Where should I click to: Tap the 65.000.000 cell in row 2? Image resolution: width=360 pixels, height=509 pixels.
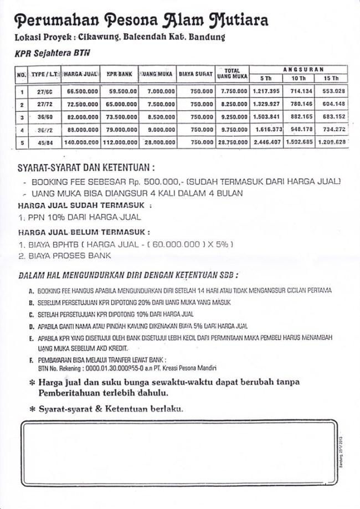click(121, 104)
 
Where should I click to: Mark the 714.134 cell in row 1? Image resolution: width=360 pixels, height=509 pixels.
click(299, 91)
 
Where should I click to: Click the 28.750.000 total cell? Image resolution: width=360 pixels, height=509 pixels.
click(230, 142)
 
